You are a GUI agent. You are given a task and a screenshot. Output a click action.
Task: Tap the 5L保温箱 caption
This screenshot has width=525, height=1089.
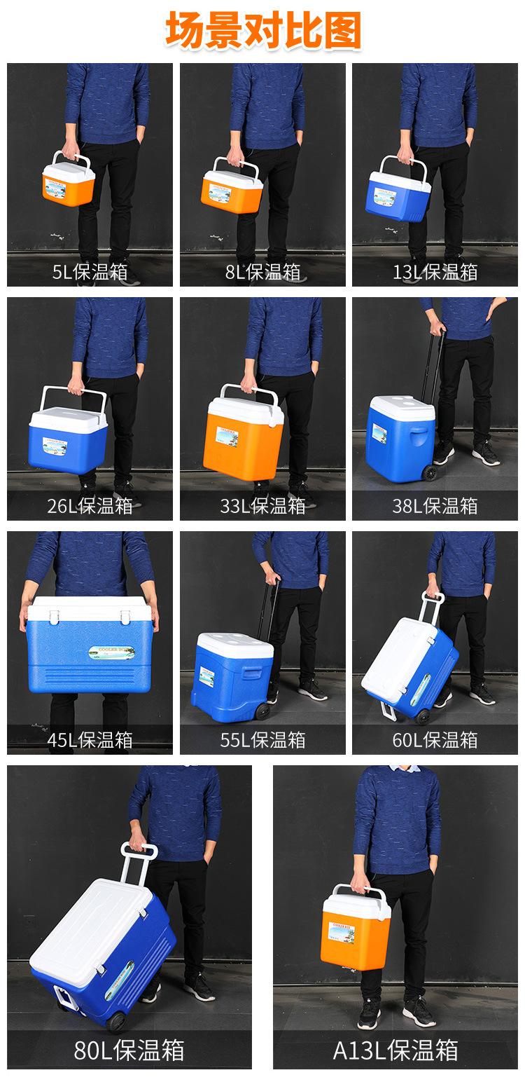pos(90,272)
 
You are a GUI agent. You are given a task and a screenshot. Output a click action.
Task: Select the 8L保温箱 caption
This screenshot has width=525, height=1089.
pos(262,272)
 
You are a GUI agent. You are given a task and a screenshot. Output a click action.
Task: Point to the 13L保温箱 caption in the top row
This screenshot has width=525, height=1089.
pos(435,272)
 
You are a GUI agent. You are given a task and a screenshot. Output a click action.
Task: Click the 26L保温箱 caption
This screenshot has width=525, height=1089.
pos(90,506)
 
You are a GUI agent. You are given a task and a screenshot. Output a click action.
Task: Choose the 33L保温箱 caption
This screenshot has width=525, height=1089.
pos(262,506)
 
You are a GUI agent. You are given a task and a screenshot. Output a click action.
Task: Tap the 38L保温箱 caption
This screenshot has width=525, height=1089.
pos(435,506)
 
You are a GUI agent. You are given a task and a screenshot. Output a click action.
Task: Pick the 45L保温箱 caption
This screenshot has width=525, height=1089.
pos(90,740)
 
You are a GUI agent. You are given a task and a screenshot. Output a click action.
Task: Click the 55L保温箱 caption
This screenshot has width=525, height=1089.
pos(262,740)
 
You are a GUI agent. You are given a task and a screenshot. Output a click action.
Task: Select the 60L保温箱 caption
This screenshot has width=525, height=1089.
pos(435,740)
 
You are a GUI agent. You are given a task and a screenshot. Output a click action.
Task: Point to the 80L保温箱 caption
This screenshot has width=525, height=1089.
pos(129,1050)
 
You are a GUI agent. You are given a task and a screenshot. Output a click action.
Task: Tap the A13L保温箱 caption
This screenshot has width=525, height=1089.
pos(395,1050)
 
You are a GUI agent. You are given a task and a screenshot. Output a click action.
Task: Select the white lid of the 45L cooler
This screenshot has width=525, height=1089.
pos(90,608)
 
